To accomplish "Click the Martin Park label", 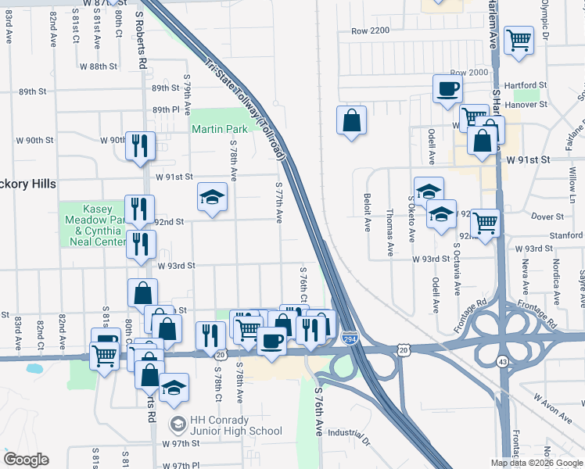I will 220,128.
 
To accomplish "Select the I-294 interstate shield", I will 350,338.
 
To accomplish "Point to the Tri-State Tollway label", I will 247,110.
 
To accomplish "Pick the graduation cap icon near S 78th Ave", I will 211,198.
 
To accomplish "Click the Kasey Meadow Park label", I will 92,226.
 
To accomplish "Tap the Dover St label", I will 547,216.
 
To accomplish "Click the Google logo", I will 26,460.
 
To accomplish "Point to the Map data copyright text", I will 537,463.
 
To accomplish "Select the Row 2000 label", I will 468,72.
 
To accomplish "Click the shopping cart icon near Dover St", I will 486,223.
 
